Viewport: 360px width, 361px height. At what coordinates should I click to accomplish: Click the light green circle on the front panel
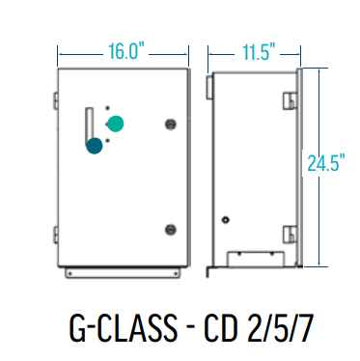coord(116,124)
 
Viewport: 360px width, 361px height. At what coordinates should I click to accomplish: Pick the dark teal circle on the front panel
coord(95,146)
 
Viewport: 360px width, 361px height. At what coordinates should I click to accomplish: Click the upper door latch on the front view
coord(172,125)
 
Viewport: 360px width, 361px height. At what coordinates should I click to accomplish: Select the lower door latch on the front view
coord(172,230)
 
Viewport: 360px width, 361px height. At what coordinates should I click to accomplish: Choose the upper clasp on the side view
coord(289,100)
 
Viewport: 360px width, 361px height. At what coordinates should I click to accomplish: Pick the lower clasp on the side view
coord(289,233)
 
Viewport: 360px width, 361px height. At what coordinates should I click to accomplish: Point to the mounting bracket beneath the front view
coord(121,273)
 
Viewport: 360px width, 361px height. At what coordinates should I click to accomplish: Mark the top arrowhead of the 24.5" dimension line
coord(319,71)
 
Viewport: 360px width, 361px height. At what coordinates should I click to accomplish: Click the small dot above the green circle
coord(108,108)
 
